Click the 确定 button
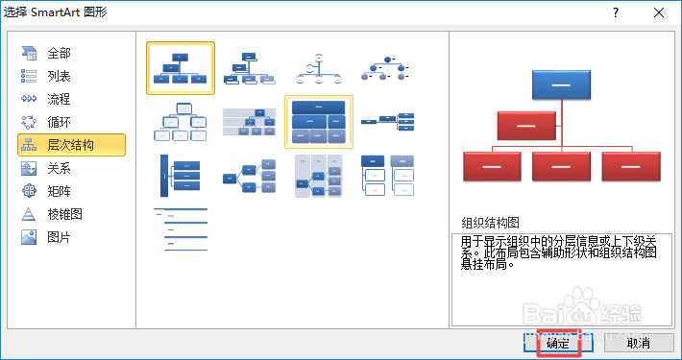point(558,342)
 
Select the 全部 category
point(59,53)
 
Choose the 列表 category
point(59,76)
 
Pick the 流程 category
point(59,99)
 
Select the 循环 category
point(59,122)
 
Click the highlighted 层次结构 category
point(71,145)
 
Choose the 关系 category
point(59,168)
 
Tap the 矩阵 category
point(59,191)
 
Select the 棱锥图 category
point(64,214)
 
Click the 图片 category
point(59,237)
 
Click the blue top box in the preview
point(560,85)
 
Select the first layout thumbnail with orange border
point(180,68)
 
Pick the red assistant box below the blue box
point(525,126)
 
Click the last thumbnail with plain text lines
point(180,229)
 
